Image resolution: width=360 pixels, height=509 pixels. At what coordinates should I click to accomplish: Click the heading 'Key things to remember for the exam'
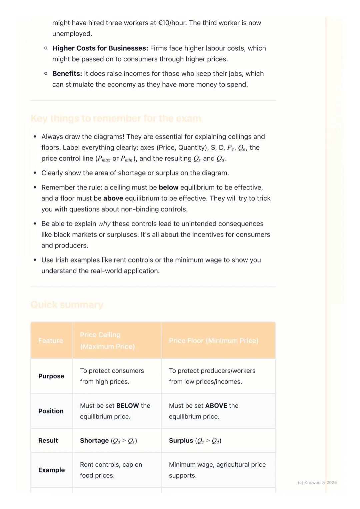[116, 119]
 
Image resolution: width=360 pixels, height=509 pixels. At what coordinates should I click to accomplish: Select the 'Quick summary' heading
[67, 305]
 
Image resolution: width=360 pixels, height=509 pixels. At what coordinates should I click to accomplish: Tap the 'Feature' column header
[51, 341]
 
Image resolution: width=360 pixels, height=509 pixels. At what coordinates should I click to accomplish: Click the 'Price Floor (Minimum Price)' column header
[214, 341]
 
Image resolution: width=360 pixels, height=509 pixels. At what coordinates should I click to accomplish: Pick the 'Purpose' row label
[51, 376]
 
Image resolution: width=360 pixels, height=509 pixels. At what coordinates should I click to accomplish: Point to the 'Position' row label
[51, 411]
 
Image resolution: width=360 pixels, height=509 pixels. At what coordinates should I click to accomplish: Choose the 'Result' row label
[48, 441]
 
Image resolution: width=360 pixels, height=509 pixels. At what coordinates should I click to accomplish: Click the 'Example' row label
[52, 470]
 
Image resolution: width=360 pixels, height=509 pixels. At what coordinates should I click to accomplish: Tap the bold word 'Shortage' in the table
[94, 441]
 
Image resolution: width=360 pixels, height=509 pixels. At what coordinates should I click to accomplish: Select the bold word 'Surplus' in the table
[181, 441]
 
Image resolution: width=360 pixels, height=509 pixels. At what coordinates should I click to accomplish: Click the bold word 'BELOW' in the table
[128, 406]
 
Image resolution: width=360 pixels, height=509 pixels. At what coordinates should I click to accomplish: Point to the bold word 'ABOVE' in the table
[216, 406]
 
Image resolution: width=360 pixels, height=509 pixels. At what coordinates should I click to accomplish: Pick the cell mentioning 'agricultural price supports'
[217, 470]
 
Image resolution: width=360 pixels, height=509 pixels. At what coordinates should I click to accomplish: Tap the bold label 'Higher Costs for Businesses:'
[100, 48]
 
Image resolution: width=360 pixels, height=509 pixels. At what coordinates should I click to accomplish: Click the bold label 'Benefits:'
[67, 74]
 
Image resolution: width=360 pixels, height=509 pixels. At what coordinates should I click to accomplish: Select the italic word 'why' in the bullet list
[104, 224]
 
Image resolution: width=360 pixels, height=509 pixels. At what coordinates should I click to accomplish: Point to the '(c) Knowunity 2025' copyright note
[317, 483]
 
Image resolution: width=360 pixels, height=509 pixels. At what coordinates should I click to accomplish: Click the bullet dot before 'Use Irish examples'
[35, 260]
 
